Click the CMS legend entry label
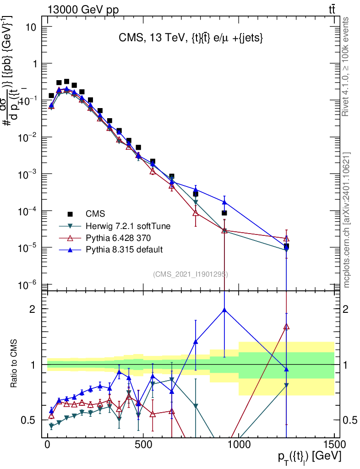click(95, 213)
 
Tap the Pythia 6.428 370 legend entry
click(119, 238)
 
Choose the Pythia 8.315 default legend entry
click(124, 250)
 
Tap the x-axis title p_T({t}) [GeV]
click(309, 458)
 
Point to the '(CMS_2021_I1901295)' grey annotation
click(191, 274)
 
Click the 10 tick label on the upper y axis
click(30, 27)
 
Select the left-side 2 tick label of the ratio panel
click(33, 309)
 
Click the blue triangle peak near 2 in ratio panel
click(224, 310)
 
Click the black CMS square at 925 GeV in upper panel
click(224, 213)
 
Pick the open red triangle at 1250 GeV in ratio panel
click(286, 327)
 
